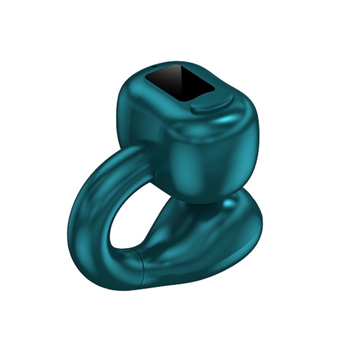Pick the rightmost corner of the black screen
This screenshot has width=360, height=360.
pos(215,89)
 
